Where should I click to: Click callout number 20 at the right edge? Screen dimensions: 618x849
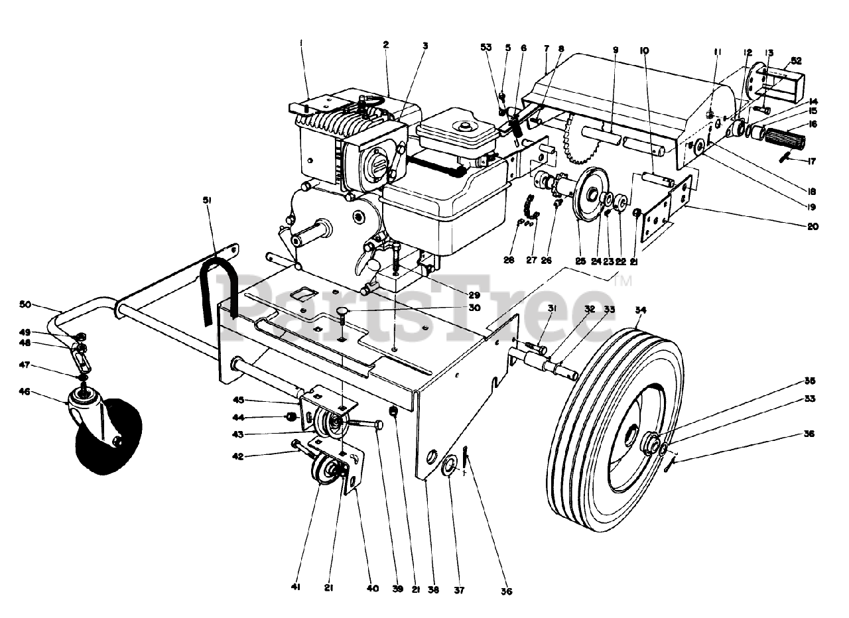(x=813, y=226)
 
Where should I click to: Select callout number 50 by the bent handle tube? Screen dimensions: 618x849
(x=43, y=304)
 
